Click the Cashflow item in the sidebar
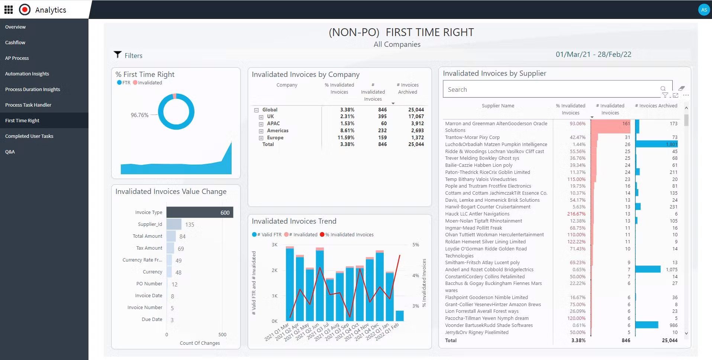coord(15,43)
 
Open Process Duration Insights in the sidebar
coord(32,90)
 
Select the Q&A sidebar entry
coord(10,152)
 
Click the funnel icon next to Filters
coord(117,55)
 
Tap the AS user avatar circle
coord(703,10)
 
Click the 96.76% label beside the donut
coord(139,115)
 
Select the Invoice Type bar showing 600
coord(200,213)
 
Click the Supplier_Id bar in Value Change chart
coord(174,224)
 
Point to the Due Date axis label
coord(152,320)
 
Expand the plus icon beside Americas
coord(261,131)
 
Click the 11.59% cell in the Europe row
coord(347,138)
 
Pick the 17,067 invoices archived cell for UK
coord(416,117)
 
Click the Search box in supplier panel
coord(550,90)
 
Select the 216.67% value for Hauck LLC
coord(576,214)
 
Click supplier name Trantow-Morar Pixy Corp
coord(472,137)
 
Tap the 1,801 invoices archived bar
coord(656,145)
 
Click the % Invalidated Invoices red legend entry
coord(348,235)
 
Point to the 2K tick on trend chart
coord(274,270)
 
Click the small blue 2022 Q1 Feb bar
coord(400,316)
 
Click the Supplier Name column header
coord(498,106)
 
